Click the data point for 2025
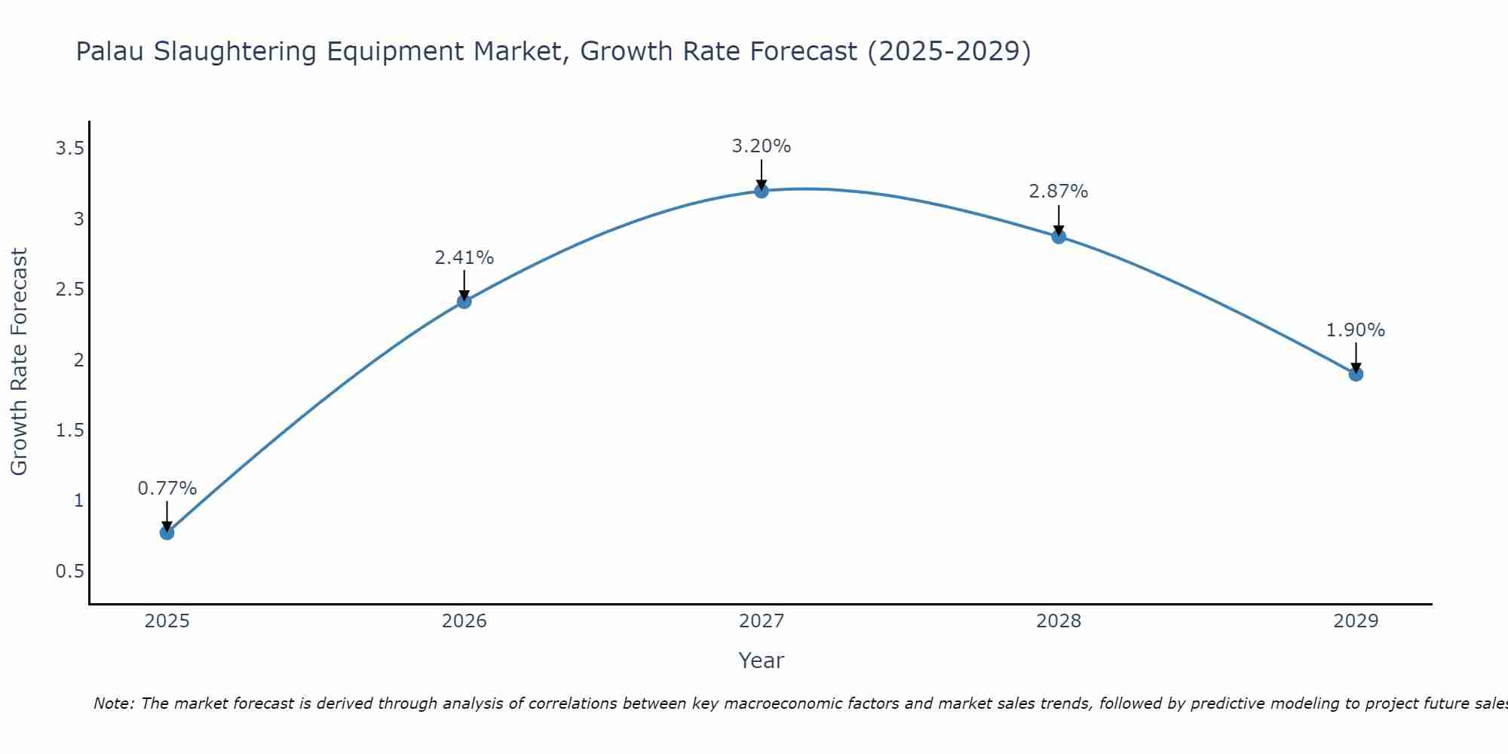pos(167,532)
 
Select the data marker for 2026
pos(464,302)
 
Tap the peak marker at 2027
pos(761,191)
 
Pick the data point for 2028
pos(1059,237)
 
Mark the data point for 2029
pos(1356,374)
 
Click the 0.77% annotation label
pos(167,489)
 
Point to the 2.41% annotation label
pos(464,258)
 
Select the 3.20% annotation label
pos(761,146)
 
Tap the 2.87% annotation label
pos(1059,192)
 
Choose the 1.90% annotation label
pos(1356,330)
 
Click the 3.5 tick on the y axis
pos(69,149)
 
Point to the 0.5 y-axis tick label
pos(69,572)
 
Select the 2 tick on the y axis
pos(78,360)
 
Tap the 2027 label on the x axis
pos(761,621)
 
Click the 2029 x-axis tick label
pos(1356,621)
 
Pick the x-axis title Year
pos(761,661)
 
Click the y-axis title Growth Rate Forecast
pos(19,361)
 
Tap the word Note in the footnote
pos(113,703)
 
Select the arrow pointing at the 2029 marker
pos(1356,357)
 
